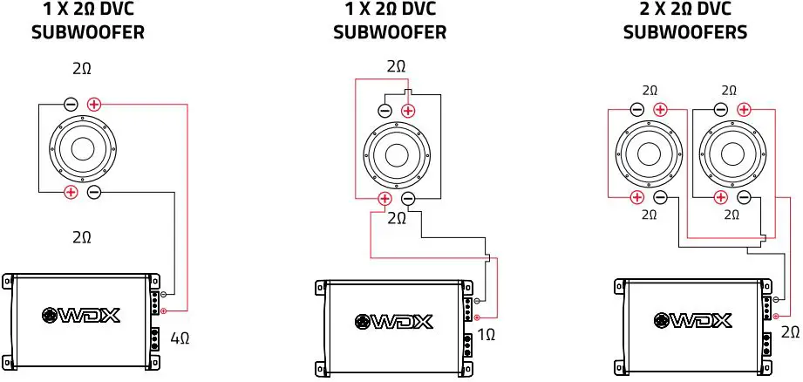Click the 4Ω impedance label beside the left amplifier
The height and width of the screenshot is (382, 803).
(181, 337)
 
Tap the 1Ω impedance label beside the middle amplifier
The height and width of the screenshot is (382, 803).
(487, 334)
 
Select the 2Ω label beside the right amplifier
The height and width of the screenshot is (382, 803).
(790, 331)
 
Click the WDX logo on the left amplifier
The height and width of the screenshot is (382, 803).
(80, 316)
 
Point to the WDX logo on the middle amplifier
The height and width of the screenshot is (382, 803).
(393, 321)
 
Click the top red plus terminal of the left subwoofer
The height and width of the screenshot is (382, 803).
(94, 104)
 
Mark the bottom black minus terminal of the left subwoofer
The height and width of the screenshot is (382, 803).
(94, 192)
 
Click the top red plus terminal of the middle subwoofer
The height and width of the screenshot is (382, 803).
(408, 111)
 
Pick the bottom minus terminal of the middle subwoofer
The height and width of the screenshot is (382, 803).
(407, 200)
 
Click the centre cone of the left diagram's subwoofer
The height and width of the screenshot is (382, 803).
(83, 147)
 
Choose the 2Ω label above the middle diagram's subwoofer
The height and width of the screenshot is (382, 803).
(396, 67)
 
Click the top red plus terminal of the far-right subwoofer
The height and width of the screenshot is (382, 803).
(744, 109)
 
